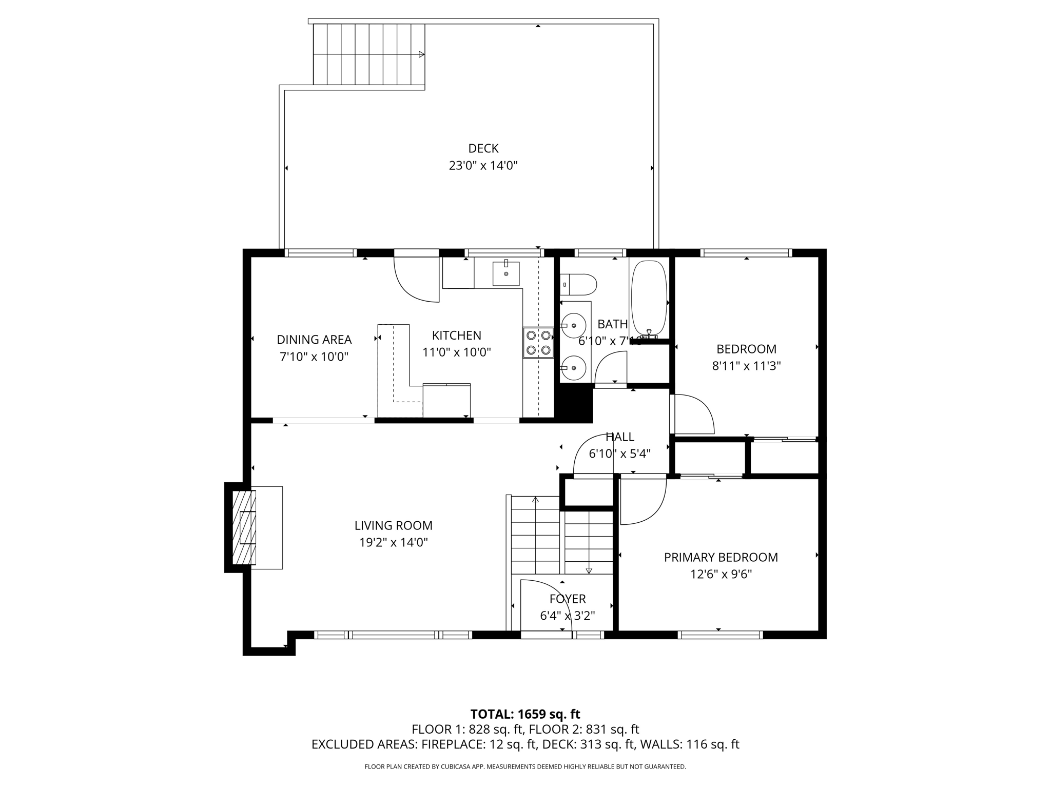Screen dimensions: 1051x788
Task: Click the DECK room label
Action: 483,148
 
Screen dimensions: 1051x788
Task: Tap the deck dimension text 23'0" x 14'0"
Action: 483,166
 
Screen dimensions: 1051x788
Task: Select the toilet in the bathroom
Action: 578,285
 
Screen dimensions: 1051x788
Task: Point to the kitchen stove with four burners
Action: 538,343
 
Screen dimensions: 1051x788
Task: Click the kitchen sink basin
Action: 506,273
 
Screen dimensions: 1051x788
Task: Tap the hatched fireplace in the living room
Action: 244,527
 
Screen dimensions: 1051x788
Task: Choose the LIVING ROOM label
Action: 394,526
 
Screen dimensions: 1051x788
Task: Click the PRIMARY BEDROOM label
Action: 721,558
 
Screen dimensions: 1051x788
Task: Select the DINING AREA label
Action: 314,340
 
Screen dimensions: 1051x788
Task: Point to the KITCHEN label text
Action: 457,336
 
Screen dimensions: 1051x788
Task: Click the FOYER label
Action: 568,599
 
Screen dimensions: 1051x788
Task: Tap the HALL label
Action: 620,437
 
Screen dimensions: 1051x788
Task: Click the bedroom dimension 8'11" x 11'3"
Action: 747,366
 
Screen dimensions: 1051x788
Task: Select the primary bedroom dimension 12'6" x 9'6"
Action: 721,574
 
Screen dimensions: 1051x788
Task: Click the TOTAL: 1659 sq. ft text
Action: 525,714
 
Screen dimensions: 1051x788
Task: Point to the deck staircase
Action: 369,54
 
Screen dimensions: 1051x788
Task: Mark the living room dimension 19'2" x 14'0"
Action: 394,542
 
